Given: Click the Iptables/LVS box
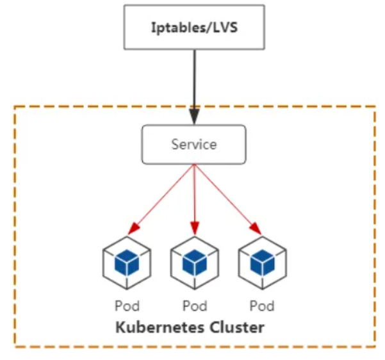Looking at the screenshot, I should (x=193, y=28).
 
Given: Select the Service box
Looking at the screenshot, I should (x=193, y=144).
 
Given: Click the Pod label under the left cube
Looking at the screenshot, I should (x=127, y=306).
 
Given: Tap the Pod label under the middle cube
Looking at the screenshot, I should (x=194, y=306).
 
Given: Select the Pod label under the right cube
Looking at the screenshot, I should (x=262, y=306).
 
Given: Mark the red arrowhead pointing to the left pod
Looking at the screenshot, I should (x=134, y=229).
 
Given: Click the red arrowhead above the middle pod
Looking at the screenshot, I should (x=194, y=229).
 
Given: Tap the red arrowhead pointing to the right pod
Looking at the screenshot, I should (x=255, y=229).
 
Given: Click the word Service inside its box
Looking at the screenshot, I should (x=193, y=144).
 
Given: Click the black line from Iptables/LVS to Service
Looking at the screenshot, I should (x=193, y=77).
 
